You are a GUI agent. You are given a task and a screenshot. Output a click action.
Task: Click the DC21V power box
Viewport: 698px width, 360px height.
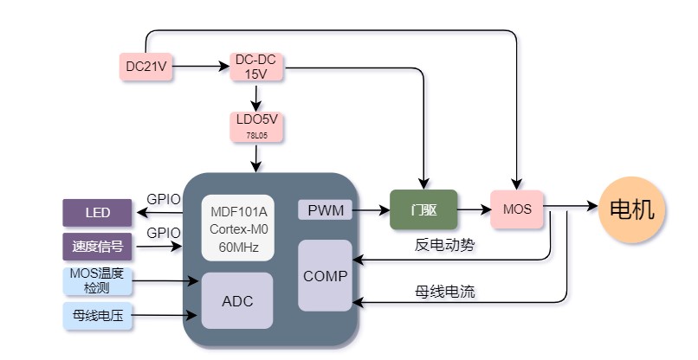coord(145,66)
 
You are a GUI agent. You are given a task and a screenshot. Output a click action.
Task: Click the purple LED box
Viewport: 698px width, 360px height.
coord(98,212)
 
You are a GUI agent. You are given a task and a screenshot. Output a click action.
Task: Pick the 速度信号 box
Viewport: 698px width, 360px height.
coord(98,247)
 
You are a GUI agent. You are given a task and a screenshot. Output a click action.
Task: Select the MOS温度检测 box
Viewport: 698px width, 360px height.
coord(98,280)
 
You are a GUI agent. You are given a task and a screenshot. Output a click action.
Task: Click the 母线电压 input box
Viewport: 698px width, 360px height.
coord(98,317)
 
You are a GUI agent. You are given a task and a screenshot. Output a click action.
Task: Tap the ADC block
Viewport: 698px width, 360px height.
coord(237,301)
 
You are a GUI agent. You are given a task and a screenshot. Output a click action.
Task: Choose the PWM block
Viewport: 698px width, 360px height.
coord(325,209)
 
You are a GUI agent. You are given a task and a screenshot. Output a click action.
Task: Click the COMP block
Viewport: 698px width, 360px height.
coord(325,276)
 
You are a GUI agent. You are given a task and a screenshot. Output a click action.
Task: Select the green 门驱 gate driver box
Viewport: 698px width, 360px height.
coord(423,209)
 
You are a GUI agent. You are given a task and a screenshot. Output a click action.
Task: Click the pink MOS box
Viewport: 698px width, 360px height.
coord(517,209)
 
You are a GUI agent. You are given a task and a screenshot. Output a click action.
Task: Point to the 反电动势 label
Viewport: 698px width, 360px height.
coord(445,245)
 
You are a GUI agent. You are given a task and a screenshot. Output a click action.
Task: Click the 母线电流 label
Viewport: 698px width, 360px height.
coord(445,292)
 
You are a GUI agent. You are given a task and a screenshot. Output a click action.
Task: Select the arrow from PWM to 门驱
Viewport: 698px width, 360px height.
coord(371,209)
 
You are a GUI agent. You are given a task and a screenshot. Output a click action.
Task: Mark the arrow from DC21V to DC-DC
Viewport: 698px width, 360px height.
coord(201,66)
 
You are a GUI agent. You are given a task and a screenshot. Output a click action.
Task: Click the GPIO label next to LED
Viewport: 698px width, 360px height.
coord(164,199)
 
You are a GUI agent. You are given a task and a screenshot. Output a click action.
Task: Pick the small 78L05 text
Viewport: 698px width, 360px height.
coord(256,137)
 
